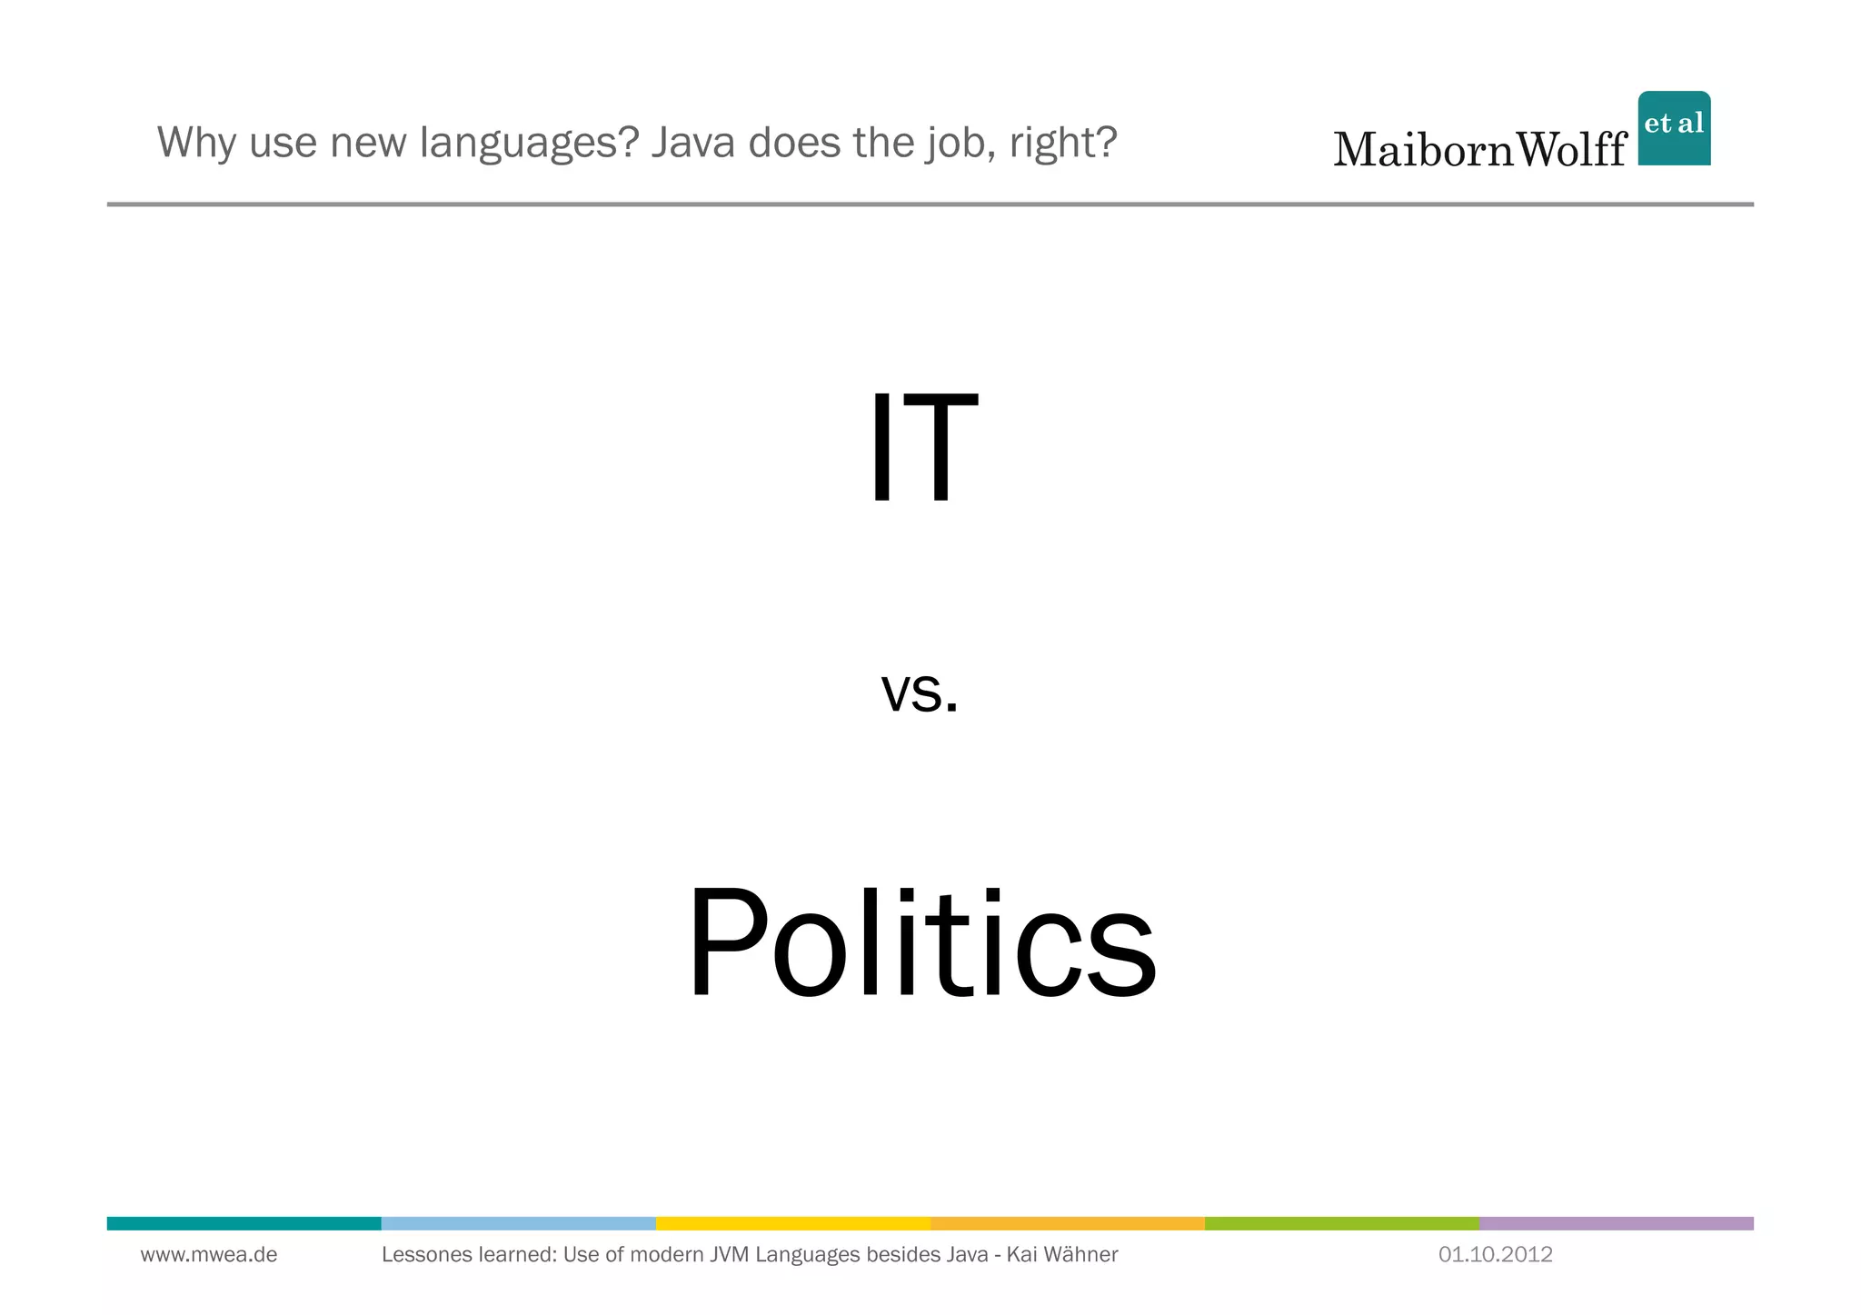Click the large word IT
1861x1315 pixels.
click(923, 447)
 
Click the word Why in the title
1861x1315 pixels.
click(197, 143)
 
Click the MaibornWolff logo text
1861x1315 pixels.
click(1479, 149)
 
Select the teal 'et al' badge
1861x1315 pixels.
click(1674, 128)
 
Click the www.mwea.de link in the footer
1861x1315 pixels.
click(209, 1255)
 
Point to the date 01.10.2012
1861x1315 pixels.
click(1495, 1255)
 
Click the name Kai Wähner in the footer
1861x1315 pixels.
click(1062, 1255)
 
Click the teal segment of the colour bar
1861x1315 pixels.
click(244, 1223)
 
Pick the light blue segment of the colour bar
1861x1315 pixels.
click(518, 1223)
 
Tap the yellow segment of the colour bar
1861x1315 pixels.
click(792, 1223)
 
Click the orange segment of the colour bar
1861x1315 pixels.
click(1067, 1223)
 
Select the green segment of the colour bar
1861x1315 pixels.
click(1341, 1223)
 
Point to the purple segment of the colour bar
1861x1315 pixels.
click(1616, 1223)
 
